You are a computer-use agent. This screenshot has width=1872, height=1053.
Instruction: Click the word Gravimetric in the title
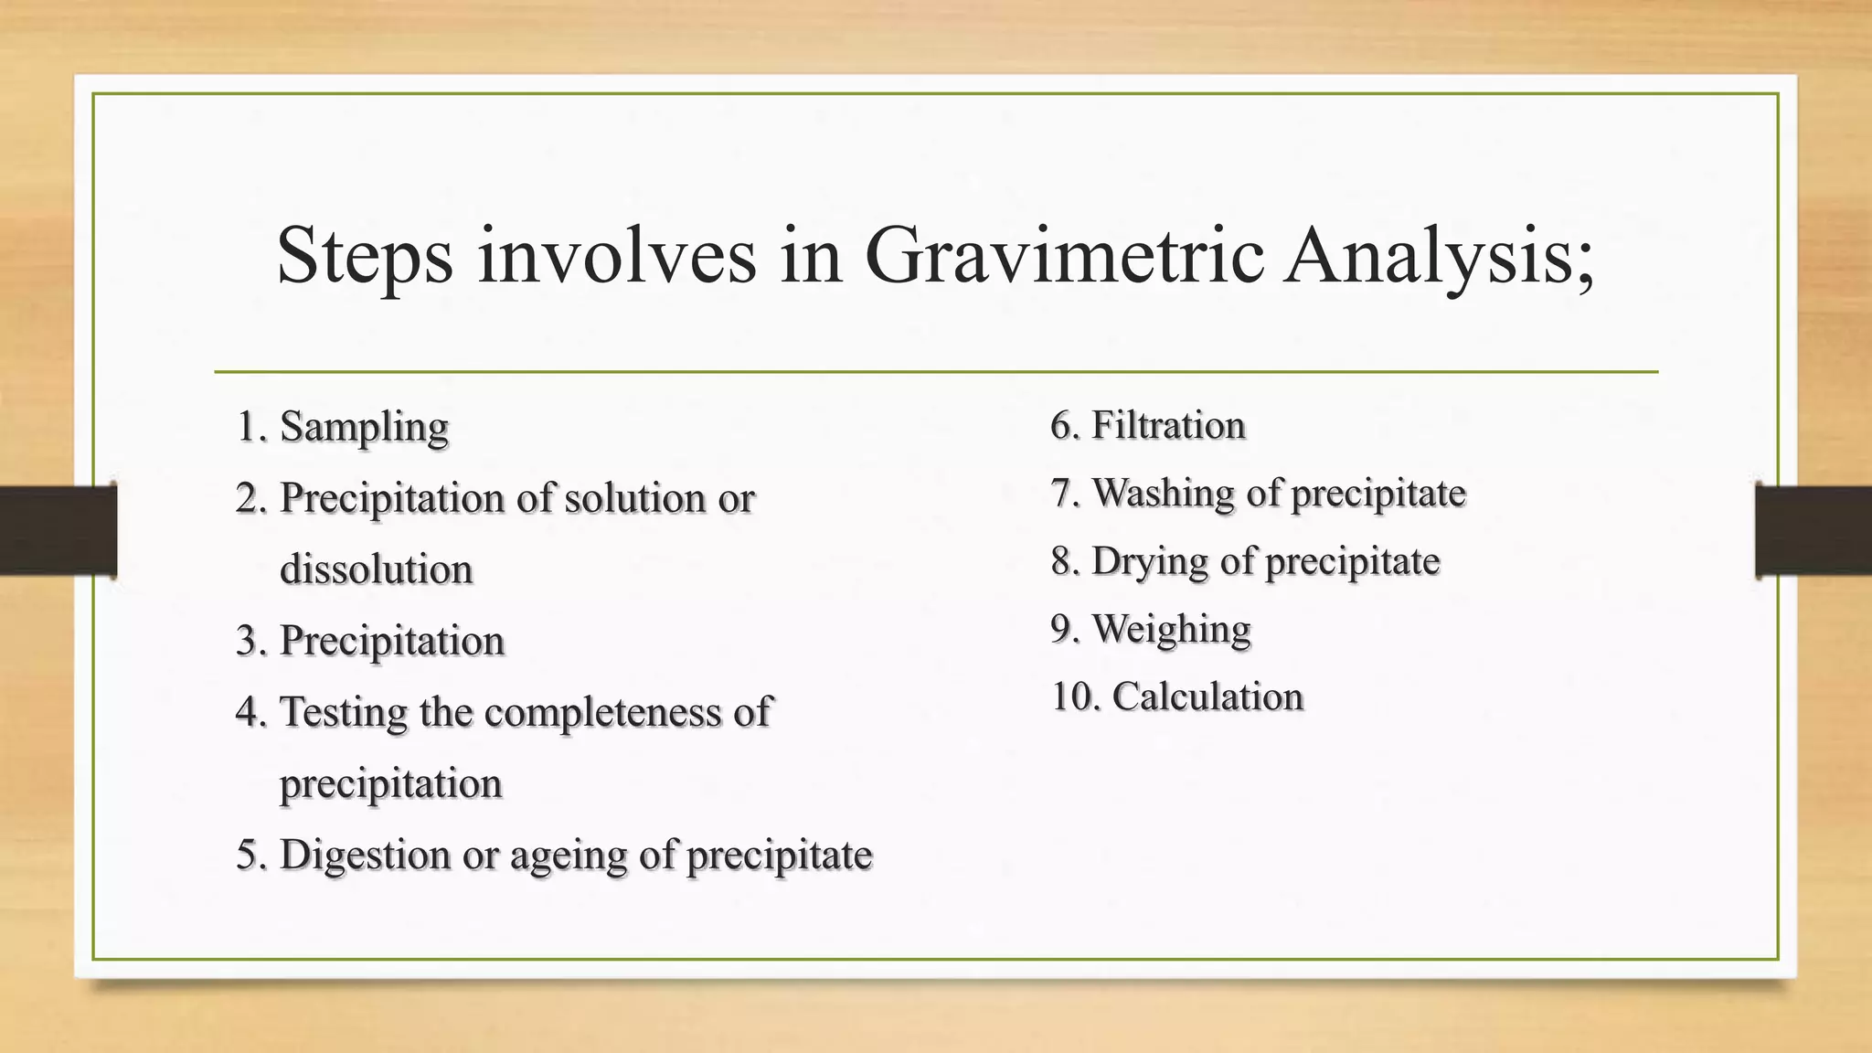coord(1066,257)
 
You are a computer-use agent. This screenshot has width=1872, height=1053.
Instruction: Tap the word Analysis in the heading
coord(1439,257)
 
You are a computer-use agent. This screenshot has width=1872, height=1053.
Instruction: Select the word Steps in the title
coord(365,257)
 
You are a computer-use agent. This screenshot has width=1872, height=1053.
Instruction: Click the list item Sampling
coord(364,427)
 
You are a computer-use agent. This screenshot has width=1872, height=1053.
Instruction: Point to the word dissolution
coord(376,569)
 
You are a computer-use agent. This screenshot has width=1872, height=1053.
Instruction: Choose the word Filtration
coord(1168,426)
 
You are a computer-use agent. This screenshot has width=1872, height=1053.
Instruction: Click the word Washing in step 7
coord(1163,494)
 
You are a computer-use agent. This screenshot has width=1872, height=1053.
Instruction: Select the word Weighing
coord(1171,629)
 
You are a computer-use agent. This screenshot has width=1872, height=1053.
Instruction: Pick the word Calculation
coord(1207,697)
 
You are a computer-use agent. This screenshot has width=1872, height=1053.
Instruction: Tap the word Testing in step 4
coord(343,713)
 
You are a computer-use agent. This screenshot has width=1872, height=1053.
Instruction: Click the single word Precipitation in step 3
coord(391,641)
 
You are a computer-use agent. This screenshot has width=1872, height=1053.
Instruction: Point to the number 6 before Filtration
coord(1060,426)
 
